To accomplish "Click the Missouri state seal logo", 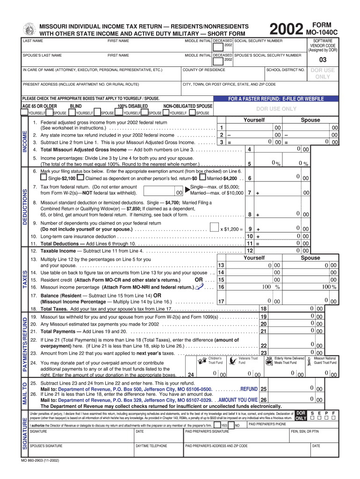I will [x=29, y=29].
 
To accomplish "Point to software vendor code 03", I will [x=323, y=60].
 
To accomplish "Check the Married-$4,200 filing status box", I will [x=202, y=178].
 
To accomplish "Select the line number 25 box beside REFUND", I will [x=264, y=389].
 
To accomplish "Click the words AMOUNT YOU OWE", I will [x=238, y=400].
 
